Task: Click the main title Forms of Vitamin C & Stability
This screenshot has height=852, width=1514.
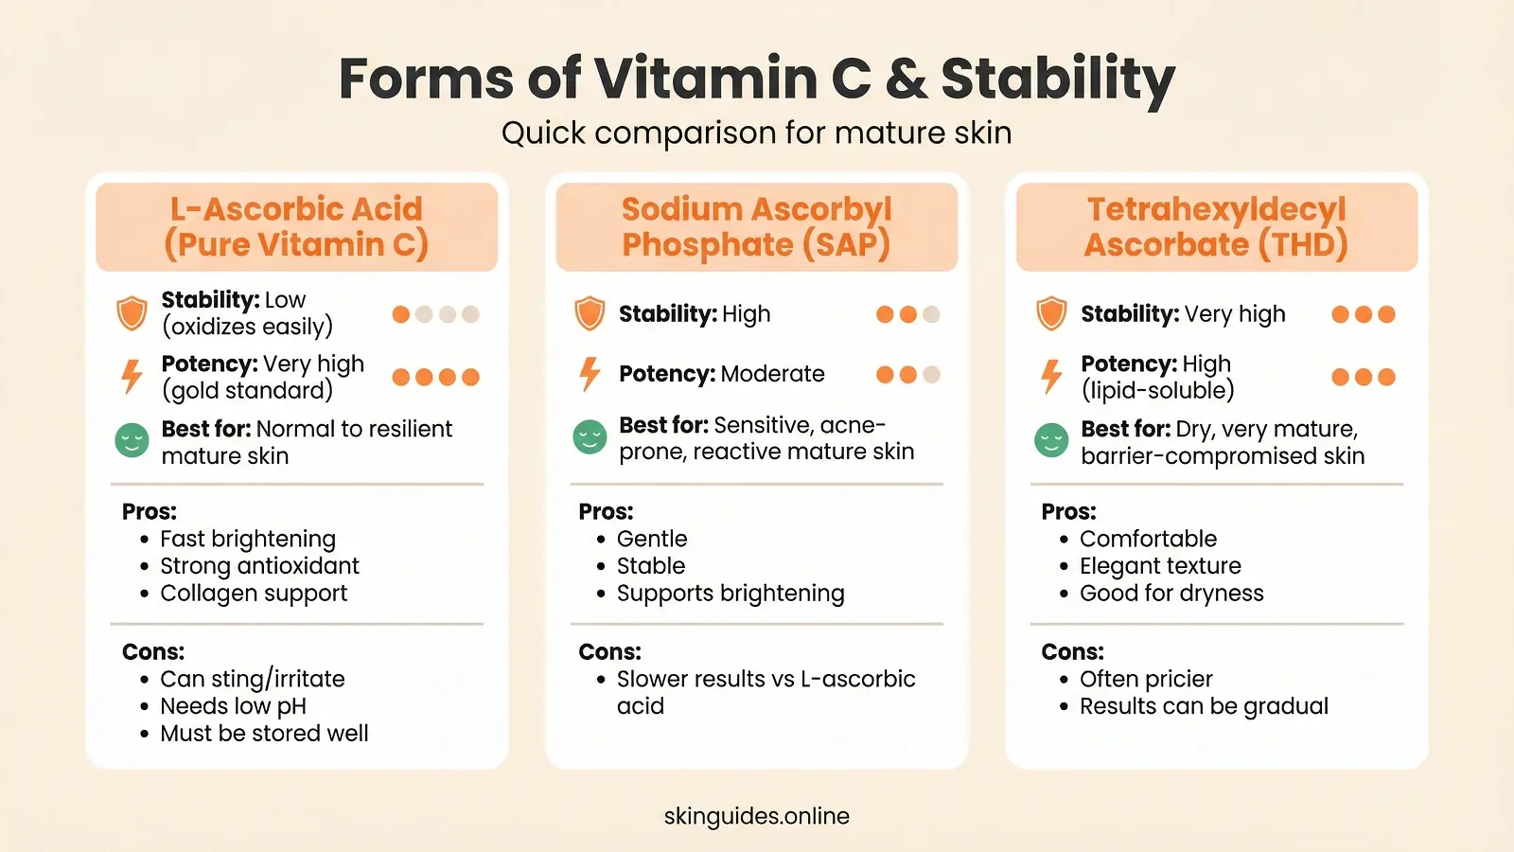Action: pos(756,78)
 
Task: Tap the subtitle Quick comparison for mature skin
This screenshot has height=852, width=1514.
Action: pos(756,133)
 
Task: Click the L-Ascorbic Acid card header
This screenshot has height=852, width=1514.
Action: pos(296,227)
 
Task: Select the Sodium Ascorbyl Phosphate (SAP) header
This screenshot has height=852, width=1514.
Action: pos(756,227)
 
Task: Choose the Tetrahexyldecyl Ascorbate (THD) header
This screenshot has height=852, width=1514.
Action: pos(1216,227)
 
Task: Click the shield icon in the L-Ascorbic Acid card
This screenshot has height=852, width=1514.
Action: pos(132,313)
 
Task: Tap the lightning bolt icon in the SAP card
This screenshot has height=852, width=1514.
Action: pos(590,374)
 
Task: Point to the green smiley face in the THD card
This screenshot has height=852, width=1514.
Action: pos(1051,440)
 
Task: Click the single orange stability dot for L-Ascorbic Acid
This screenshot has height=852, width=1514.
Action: pos(401,314)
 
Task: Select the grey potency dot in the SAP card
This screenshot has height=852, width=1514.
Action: pos(931,375)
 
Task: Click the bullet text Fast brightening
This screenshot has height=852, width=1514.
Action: pos(248,539)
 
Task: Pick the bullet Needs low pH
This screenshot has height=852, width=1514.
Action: pos(233,706)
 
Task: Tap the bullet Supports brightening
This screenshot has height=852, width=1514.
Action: pos(731,594)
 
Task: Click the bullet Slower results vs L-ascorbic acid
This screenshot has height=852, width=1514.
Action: pos(765,692)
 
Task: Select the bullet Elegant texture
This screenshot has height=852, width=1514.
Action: pos(1160,566)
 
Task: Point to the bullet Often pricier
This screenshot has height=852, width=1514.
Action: pos(1146,679)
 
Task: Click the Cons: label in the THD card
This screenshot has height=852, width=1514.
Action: pos(1072,651)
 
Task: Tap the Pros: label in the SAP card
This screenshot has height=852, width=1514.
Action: pos(606,511)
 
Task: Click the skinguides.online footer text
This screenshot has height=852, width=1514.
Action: pos(756,816)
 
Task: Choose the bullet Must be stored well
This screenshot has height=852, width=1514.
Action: pos(264,734)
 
